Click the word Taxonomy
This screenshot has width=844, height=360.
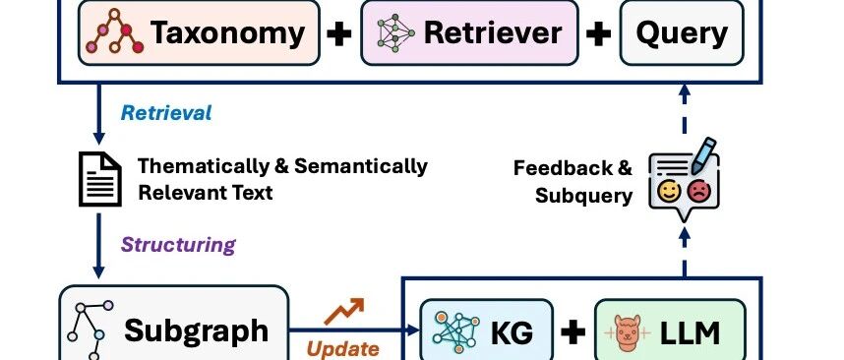pyautogui.click(x=227, y=33)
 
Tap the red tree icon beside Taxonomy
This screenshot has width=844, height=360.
pyautogui.click(x=115, y=31)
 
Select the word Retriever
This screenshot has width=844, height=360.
pyautogui.click(x=493, y=32)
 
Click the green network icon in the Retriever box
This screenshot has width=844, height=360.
pyautogui.click(x=395, y=32)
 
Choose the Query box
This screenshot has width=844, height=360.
pyautogui.click(x=682, y=32)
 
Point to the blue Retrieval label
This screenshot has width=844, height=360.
pyautogui.click(x=166, y=113)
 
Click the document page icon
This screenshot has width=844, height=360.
pyautogui.click(x=100, y=179)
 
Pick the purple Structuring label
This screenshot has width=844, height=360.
pyautogui.click(x=178, y=244)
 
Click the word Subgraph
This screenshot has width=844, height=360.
pyautogui.click(x=196, y=330)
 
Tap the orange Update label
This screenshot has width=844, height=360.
pyautogui.click(x=343, y=349)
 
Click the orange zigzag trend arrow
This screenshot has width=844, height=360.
pyautogui.click(x=343, y=312)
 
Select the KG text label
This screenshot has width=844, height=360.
pyautogui.click(x=512, y=333)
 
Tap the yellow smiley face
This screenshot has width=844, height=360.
pyautogui.click(x=669, y=192)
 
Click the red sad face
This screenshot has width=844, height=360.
pyautogui.click(x=699, y=192)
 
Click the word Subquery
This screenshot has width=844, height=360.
pyautogui.click(x=583, y=196)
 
